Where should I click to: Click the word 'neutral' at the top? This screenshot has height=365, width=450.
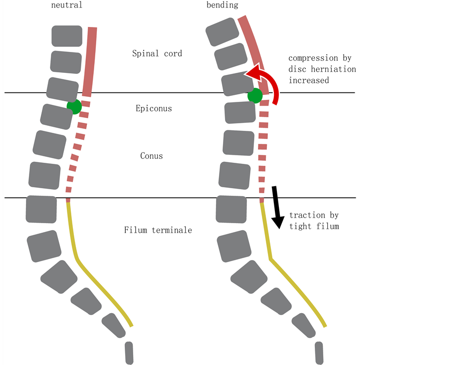(66, 5)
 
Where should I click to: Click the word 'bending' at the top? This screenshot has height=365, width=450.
(222, 5)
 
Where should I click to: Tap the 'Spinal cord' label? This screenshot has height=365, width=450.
(157, 53)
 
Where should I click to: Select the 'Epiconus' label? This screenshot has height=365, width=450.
(154, 108)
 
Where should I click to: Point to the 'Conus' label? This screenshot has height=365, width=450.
(151, 156)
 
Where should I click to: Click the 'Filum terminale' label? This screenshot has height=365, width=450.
(158, 230)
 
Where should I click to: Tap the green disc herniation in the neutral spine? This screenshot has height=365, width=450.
(74, 106)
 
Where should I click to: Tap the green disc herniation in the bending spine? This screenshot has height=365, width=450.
(255, 95)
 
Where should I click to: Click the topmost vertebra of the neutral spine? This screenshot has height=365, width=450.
(67, 36)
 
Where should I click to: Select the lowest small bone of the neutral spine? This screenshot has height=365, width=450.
(129, 352)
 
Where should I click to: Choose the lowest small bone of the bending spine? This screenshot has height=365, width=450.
(319, 352)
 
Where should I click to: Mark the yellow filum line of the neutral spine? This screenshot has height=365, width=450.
(72, 235)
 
